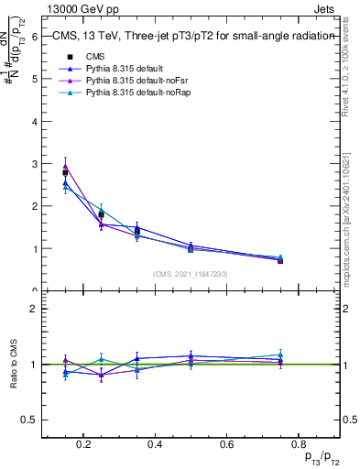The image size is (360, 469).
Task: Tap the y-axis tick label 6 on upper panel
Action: click(x=33, y=37)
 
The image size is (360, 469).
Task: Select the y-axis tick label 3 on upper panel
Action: click(x=33, y=164)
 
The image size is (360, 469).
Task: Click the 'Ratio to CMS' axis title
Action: click(x=14, y=365)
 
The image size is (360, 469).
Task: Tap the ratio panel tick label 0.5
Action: click(x=28, y=420)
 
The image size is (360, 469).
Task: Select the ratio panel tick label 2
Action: click(x=33, y=310)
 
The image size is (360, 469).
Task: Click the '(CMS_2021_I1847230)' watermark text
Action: click(x=190, y=274)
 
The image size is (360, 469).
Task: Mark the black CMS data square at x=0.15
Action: click(x=65, y=172)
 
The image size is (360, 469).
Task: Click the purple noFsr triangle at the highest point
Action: click(x=65, y=166)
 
